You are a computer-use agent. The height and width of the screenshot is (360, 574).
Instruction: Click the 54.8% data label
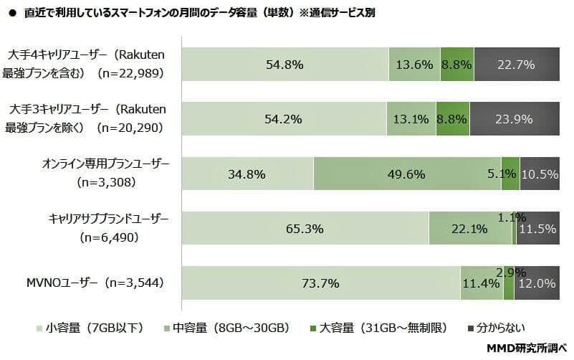point(284,65)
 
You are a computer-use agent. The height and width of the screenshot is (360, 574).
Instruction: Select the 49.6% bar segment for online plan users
point(406,174)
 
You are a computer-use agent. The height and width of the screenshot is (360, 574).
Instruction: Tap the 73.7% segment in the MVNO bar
point(320,283)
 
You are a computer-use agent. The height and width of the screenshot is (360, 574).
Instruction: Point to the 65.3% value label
point(305,229)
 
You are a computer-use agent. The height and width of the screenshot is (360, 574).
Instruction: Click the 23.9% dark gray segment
point(514,119)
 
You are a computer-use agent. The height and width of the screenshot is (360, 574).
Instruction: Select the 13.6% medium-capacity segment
point(414,65)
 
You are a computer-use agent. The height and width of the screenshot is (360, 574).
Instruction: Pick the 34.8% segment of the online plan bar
point(247,174)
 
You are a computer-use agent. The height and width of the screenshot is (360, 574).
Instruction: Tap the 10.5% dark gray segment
point(540,174)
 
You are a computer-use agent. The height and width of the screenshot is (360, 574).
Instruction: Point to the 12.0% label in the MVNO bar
point(537,283)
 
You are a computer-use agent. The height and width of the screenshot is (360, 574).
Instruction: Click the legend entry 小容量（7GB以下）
point(90,328)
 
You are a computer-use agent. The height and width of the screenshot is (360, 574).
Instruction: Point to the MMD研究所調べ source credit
point(527,349)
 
